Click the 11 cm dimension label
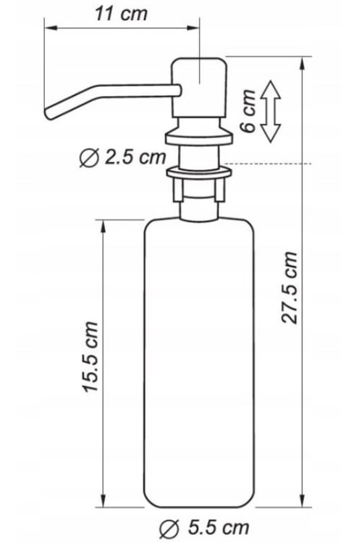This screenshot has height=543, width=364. [122, 14]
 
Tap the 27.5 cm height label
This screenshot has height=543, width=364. [289, 287]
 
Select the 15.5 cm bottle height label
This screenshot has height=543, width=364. [90, 357]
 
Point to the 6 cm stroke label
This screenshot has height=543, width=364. [247, 111]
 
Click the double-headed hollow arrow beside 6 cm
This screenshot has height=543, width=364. [270, 111]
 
